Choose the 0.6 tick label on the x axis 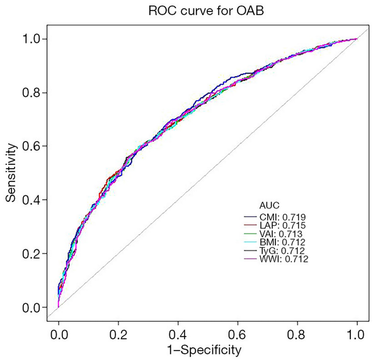238,329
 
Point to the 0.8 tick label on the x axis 297,329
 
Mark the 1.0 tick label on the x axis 357,329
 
